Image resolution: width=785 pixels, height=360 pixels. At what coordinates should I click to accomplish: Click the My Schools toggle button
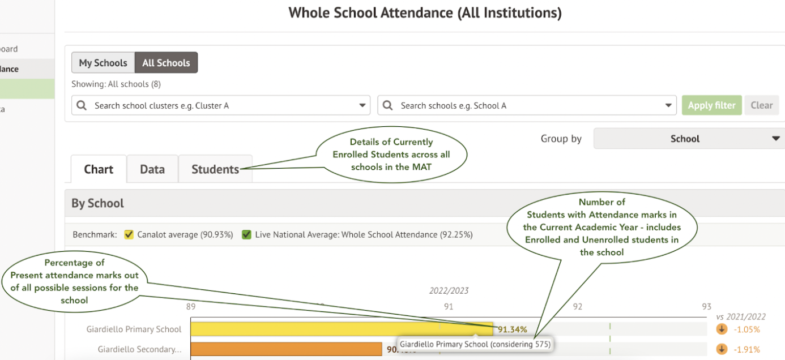point(103,63)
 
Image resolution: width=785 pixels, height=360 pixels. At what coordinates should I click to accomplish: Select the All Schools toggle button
point(166,63)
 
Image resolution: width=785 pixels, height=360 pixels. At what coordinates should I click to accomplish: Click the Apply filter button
point(711,105)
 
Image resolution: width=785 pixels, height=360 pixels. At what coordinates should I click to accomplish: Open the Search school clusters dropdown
point(221,105)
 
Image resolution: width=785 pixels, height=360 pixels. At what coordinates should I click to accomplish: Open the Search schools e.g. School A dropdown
point(527,105)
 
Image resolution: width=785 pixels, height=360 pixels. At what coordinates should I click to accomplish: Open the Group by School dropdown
point(689,139)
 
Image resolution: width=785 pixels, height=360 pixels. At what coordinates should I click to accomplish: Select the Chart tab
point(99,169)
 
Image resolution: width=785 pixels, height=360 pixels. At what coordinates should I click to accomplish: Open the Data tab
point(152,169)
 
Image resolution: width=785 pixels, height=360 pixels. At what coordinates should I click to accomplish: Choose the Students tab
point(215,169)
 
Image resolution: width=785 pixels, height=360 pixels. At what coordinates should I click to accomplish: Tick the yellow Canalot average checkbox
point(129,234)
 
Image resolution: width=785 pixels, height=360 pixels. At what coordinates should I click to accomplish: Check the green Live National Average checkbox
point(246,234)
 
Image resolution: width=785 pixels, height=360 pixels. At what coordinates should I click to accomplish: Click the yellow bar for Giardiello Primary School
point(340,329)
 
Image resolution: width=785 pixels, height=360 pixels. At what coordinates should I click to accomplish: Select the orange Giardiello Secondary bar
point(286,349)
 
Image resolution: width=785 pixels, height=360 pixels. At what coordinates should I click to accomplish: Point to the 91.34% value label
point(513,329)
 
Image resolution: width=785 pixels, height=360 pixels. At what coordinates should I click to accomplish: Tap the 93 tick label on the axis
point(706,306)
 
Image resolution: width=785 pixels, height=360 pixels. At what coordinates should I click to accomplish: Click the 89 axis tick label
point(191,306)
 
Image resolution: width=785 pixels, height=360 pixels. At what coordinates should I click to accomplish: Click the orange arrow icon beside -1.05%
point(722,329)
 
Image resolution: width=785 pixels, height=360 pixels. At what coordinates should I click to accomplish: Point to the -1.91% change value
point(747,349)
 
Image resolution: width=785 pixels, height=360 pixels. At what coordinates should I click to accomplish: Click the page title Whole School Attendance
point(425,12)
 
